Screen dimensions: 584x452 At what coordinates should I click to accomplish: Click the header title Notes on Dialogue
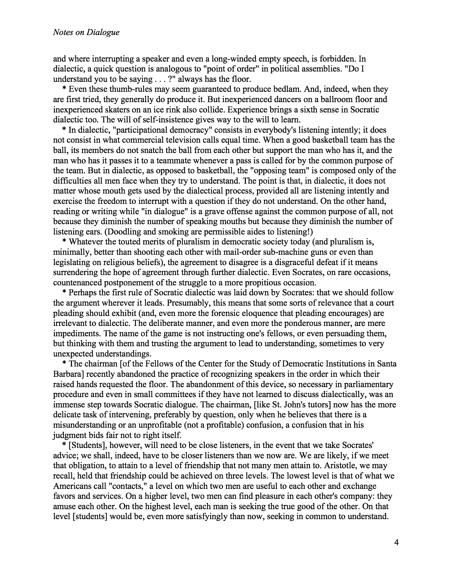(86, 32)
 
